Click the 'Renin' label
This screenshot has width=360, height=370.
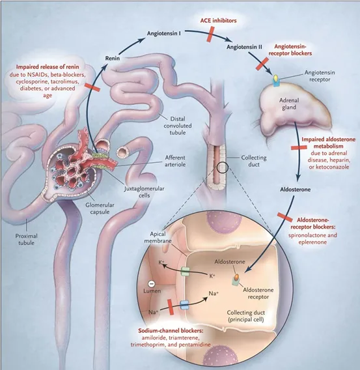[113, 58]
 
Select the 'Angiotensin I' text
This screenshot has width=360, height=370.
[164, 33]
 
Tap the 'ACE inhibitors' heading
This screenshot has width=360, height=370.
[218, 21]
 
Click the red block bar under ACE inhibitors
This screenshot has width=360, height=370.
[210, 35]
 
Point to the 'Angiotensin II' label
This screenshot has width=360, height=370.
[244, 47]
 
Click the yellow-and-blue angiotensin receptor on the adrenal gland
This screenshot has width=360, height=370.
[275, 81]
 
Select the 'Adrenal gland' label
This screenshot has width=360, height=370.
[289, 104]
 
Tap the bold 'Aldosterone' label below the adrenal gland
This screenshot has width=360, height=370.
[295, 190]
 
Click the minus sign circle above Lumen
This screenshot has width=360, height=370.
[151, 283]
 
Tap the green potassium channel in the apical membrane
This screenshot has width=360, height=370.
[185, 272]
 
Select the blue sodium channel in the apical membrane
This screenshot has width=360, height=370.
[184, 305]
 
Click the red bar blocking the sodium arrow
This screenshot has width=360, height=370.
[171, 307]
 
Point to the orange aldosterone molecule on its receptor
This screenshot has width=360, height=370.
[236, 277]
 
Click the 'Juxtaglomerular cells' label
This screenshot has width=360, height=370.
[144, 192]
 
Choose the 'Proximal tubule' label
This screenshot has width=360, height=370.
[27, 239]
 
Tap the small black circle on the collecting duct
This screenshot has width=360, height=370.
[223, 167]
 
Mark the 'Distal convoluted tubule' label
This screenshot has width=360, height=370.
[178, 126]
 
